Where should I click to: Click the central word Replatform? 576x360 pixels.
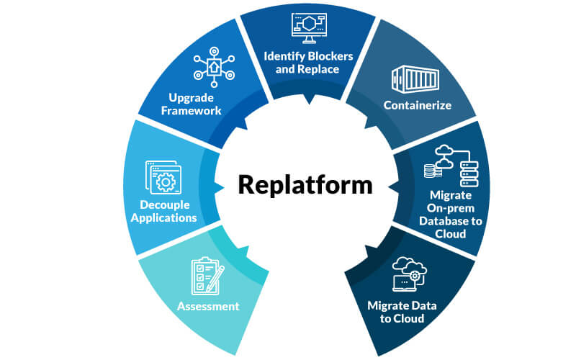305,185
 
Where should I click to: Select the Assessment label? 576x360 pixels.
208,306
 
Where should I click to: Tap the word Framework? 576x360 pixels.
190,111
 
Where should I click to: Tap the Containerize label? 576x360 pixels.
417,105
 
